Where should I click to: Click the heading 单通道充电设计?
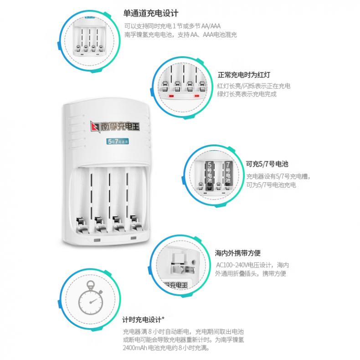[x=151, y=13]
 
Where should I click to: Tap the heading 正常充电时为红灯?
[x=244, y=75]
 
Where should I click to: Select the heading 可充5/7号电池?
[x=267, y=164]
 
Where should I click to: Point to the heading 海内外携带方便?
[x=237, y=253]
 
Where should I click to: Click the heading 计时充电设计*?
[x=143, y=319]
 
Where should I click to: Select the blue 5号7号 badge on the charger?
[x=118, y=141]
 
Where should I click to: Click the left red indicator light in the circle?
[x=171, y=96]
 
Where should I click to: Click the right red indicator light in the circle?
[x=196, y=96]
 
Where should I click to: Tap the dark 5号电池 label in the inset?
[x=210, y=175]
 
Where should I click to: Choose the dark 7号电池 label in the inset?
[x=228, y=175]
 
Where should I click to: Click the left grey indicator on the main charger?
[x=97, y=241]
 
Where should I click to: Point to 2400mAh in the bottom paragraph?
[x=134, y=348]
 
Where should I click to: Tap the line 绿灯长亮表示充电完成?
[x=247, y=94]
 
